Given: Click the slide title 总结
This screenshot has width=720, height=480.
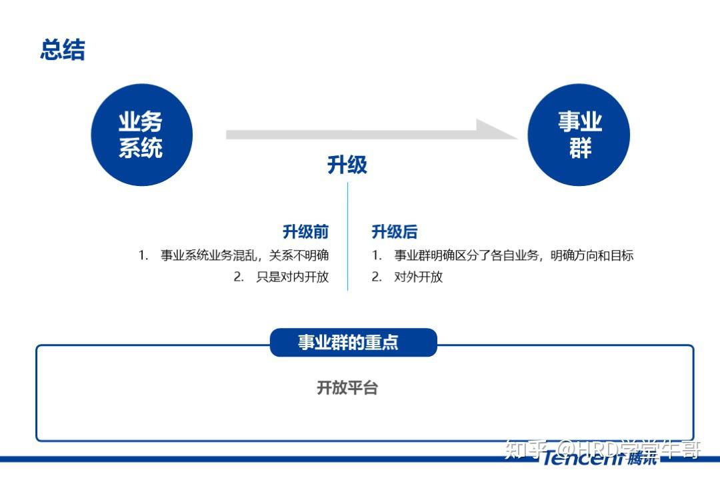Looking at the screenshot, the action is click(x=63, y=49).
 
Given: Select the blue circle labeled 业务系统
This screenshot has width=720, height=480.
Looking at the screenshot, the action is click(x=141, y=135).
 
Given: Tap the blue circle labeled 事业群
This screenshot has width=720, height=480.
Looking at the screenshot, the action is click(x=579, y=135).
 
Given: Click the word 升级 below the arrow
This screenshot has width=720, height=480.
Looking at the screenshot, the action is click(x=347, y=165).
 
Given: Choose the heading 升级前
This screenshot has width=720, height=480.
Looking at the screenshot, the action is click(x=305, y=231).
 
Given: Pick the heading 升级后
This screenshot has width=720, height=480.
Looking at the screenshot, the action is click(x=395, y=231).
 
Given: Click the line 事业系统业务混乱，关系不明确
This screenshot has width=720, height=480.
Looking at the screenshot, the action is click(x=244, y=255).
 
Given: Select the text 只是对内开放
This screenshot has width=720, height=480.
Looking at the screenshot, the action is click(x=293, y=277).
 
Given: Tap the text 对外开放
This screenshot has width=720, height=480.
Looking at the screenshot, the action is click(x=418, y=277).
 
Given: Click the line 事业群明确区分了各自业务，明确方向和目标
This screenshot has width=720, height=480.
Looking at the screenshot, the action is click(x=514, y=255).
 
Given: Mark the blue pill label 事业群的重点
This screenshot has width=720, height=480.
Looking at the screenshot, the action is click(x=353, y=342).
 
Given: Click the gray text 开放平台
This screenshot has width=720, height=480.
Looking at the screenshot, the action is click(x=347, y=388).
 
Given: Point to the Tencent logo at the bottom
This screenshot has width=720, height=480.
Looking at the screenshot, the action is click(x=599, y=457).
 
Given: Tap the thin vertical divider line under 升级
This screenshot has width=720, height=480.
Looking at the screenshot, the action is click(x=347, y=237).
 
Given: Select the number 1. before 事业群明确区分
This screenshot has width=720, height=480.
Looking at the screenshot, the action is click(x=377, y=255).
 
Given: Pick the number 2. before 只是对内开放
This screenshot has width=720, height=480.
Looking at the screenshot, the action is click(x=239, y=277).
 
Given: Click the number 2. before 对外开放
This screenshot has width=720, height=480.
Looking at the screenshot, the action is click(x=377, y=277).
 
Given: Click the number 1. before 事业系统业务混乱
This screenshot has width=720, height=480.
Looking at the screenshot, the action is click(x=143, y=255).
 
